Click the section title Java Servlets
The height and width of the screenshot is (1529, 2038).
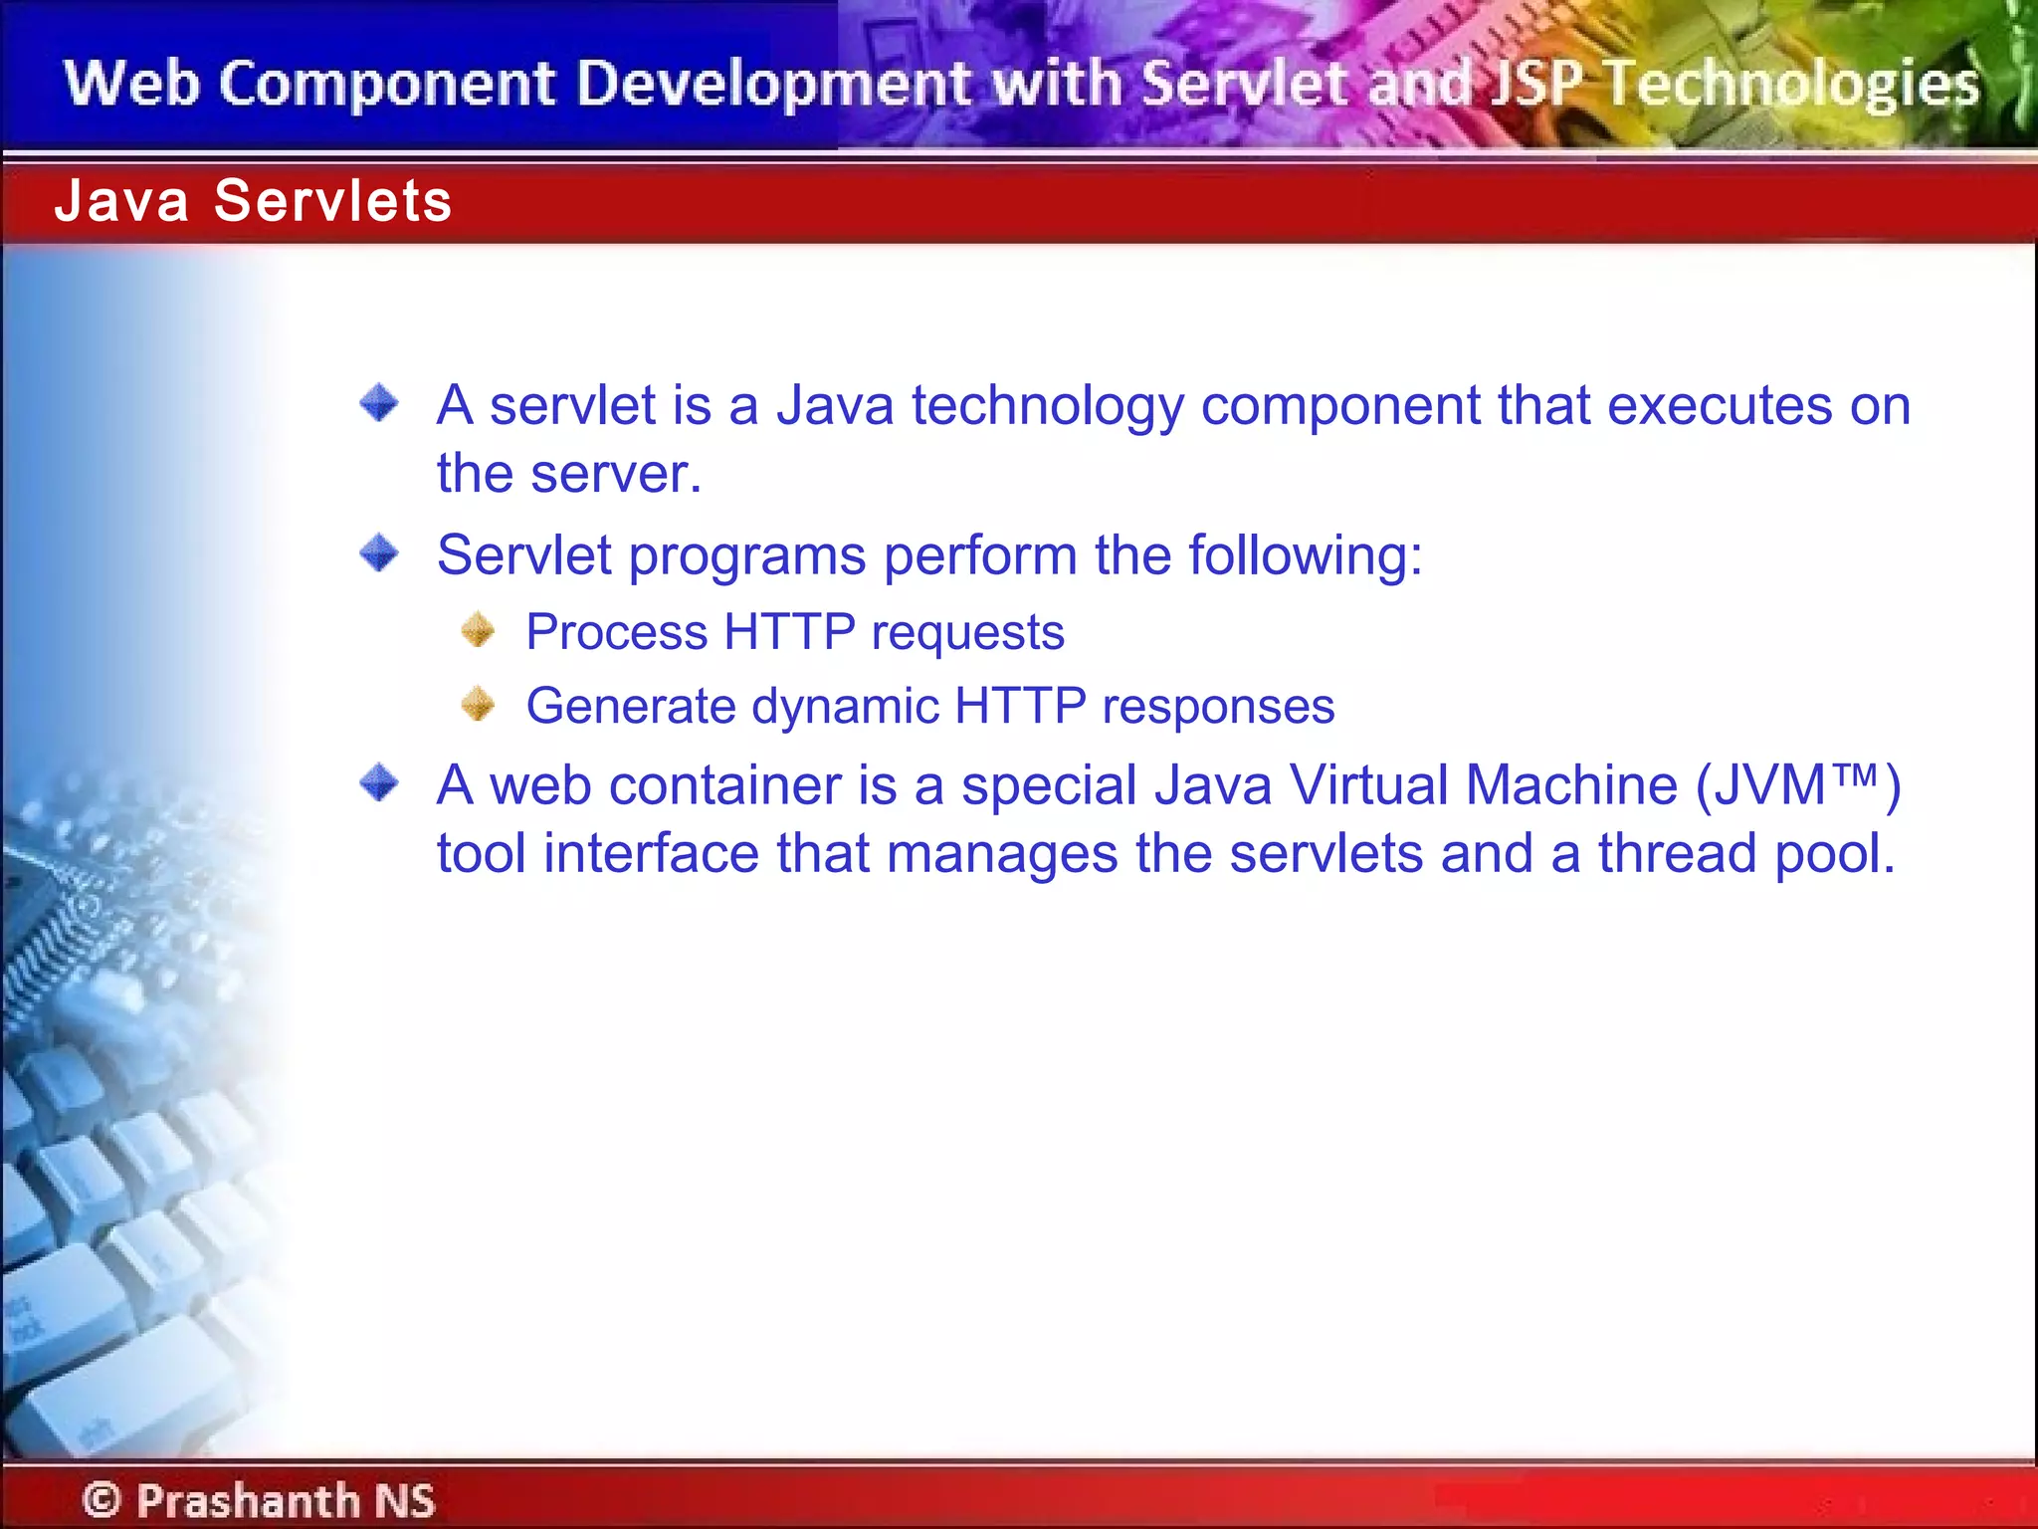253,200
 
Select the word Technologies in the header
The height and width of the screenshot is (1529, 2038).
1792,85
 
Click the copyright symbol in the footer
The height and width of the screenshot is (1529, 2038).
102,1499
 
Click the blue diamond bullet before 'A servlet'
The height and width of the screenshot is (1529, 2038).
379,403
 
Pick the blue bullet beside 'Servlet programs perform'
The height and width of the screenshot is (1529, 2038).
379,552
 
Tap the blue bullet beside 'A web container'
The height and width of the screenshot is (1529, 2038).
379,782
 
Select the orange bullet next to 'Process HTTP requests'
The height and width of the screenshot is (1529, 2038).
479,629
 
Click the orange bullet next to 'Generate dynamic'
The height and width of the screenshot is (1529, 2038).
479,704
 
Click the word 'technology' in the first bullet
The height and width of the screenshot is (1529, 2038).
1048,407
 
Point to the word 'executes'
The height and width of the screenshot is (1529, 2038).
1720,405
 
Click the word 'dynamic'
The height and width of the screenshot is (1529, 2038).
845,708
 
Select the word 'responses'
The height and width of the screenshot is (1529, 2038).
1218,708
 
